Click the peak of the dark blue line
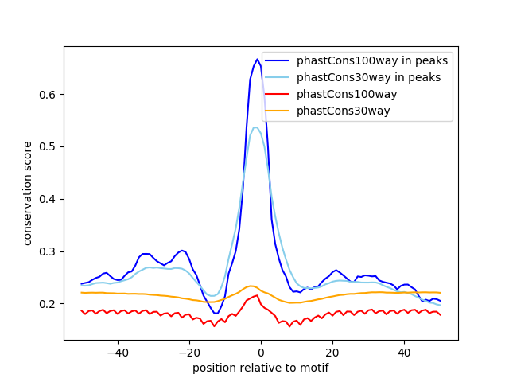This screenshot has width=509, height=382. pos(257,60)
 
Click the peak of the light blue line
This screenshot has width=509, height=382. pos(255,127)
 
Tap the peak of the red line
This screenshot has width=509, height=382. pos(257,295)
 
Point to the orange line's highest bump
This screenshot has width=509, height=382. pos(251,286)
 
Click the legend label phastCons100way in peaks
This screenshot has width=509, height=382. pos(372,60)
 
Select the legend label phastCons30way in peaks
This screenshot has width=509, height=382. pos(368,77)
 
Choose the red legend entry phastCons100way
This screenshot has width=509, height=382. pos(347,94)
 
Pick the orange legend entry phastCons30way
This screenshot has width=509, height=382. pos(343,111)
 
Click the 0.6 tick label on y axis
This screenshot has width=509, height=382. pos(48,95)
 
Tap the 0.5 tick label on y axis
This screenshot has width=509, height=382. pos(48,147)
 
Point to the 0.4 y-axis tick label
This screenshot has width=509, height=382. pos(48,200)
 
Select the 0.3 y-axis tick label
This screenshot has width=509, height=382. pos(48,251)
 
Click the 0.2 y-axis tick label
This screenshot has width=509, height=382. pos(48,304)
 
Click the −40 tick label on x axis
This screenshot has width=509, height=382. pos(118,353)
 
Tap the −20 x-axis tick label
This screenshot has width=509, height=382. pos(189,353)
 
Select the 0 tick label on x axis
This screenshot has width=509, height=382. pos(261,353)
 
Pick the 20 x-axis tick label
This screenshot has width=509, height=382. pos(332,353)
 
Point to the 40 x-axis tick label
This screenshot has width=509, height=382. pos(404,353)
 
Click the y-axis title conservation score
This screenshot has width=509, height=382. pos(28,193)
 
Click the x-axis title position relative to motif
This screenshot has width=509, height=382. pos(261,368)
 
